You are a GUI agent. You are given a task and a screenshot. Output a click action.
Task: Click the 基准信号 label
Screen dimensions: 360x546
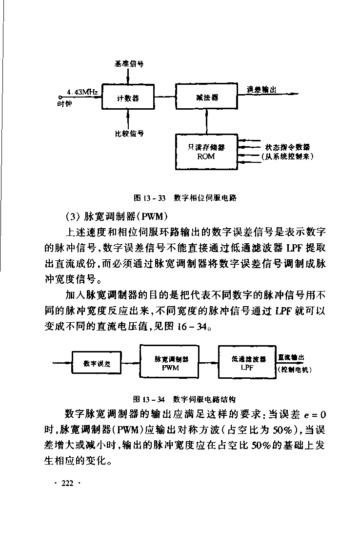(x=129, y=64)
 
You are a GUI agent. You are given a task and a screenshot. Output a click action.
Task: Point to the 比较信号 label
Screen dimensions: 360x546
(x=129, y=134)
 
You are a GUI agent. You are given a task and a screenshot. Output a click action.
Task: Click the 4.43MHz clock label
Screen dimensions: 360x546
(x=82, y=92)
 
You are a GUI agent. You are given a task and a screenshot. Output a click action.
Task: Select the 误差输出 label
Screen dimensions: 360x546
(x=261, y=90)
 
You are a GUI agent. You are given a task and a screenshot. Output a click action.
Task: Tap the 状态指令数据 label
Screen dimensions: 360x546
(x=287, y=147)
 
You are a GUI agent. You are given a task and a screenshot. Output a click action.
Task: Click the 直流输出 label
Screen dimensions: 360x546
(x=291, y=357)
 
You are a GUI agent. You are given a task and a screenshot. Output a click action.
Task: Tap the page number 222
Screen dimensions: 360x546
(x=68, y=483)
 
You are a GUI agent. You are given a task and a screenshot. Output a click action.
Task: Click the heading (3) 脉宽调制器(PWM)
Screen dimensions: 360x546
(x=117, y=216)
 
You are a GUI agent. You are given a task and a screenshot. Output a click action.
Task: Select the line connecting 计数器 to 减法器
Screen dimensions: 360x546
(x=165, y=97)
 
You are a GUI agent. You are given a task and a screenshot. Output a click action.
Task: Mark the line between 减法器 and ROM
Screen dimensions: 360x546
(x=206, y=121)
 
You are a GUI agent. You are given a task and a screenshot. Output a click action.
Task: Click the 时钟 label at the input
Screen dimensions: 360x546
(x=64, y=103)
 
